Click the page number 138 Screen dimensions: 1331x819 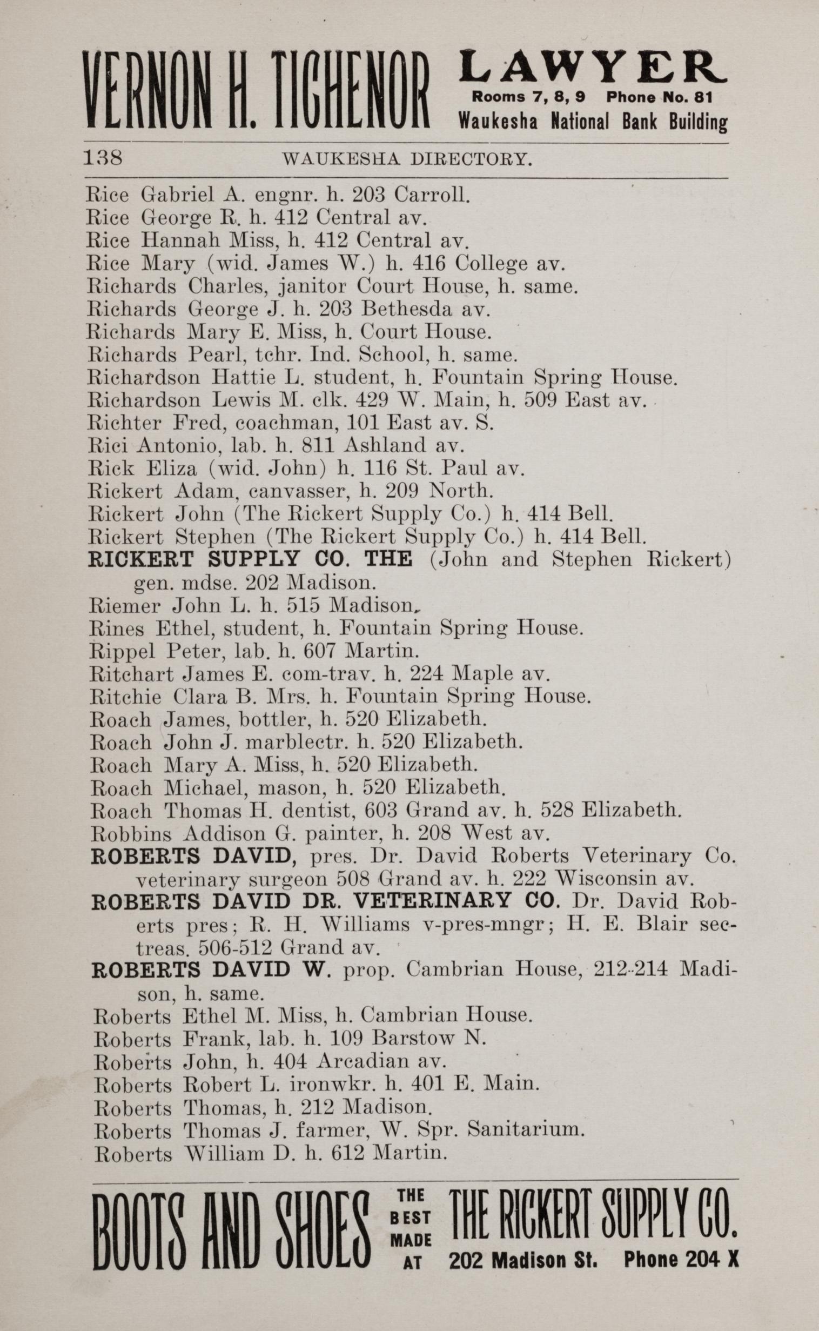103,158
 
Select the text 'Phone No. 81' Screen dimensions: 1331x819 659,97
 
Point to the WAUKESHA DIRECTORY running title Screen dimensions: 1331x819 407,159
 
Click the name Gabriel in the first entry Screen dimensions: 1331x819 172,195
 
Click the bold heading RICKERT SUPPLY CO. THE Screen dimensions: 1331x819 250,559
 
